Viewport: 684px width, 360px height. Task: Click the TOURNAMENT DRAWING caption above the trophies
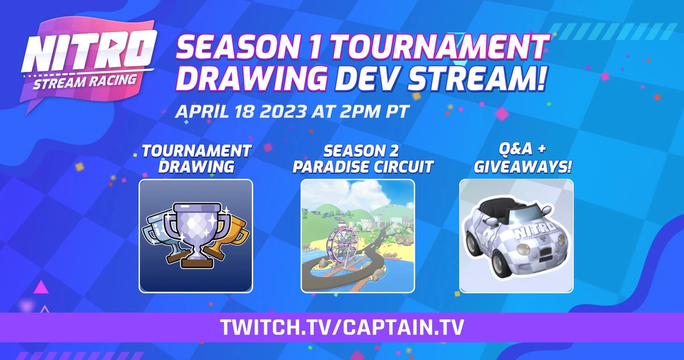196,158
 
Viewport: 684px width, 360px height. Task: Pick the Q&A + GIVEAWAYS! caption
516,158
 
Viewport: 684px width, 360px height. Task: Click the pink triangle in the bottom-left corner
40,287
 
